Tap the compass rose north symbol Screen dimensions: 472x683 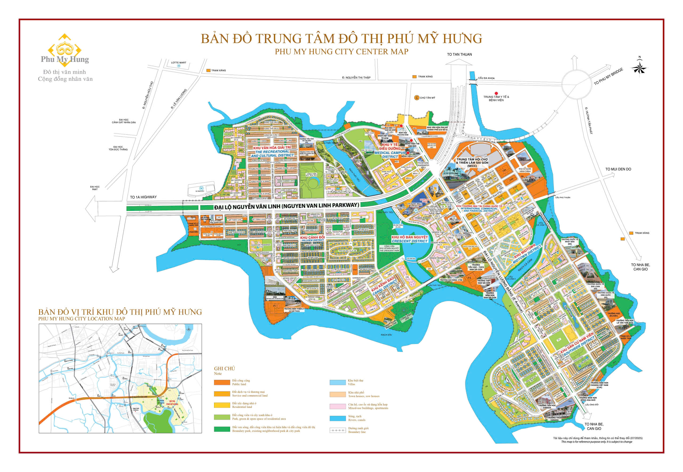[x=639, y=68]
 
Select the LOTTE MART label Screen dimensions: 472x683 [x=178, y=63]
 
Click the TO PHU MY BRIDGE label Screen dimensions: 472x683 [x=609, y=76]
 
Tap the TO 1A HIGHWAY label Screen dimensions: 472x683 [x=143, y=197]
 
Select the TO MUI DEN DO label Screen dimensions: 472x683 [x=618, y=169]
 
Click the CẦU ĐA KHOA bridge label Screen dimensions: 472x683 [x=486, y=78]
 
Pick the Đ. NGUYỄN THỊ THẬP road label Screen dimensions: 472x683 [x=356, y=77]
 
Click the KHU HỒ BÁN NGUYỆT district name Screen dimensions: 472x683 [x=410, y=237]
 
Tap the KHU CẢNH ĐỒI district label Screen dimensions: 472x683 [x=312, y=238]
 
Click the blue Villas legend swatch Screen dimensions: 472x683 [x=337, y=382]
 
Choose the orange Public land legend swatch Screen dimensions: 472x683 [x=222, y=382]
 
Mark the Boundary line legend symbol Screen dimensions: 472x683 [x=337, y=430]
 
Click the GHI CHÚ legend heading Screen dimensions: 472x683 [x=224, y=368]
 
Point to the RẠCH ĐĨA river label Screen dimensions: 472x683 [x=386, y=335]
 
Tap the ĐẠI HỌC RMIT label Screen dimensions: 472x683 [x=95, y=188]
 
